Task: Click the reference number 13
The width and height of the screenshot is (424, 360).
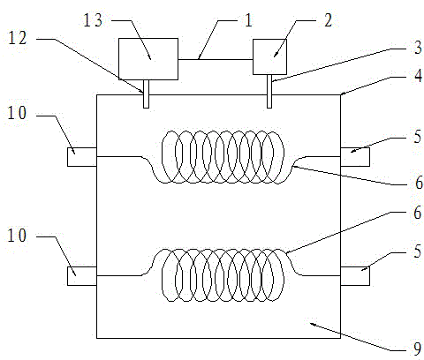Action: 93,20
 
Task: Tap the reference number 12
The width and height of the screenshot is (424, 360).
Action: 18,38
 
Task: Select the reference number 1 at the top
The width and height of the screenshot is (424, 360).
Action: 249,20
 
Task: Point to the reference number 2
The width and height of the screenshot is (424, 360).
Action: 328,20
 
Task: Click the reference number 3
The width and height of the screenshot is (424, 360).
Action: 418,47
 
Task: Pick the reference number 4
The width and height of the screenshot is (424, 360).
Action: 418,76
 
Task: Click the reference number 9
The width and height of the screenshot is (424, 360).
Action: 418,349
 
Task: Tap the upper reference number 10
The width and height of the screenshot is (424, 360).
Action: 17,113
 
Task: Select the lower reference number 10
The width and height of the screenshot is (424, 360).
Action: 17,236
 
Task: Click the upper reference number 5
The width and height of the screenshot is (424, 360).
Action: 418,137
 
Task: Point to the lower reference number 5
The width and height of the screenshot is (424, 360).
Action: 418,251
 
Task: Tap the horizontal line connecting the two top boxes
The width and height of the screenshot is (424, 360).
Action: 216,60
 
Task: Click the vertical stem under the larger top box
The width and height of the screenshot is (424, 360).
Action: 146,94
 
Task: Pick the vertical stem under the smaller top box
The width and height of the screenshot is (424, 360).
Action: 269,91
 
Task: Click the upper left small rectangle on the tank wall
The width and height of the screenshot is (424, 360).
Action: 82,157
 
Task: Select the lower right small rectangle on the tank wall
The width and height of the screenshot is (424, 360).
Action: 355,276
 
